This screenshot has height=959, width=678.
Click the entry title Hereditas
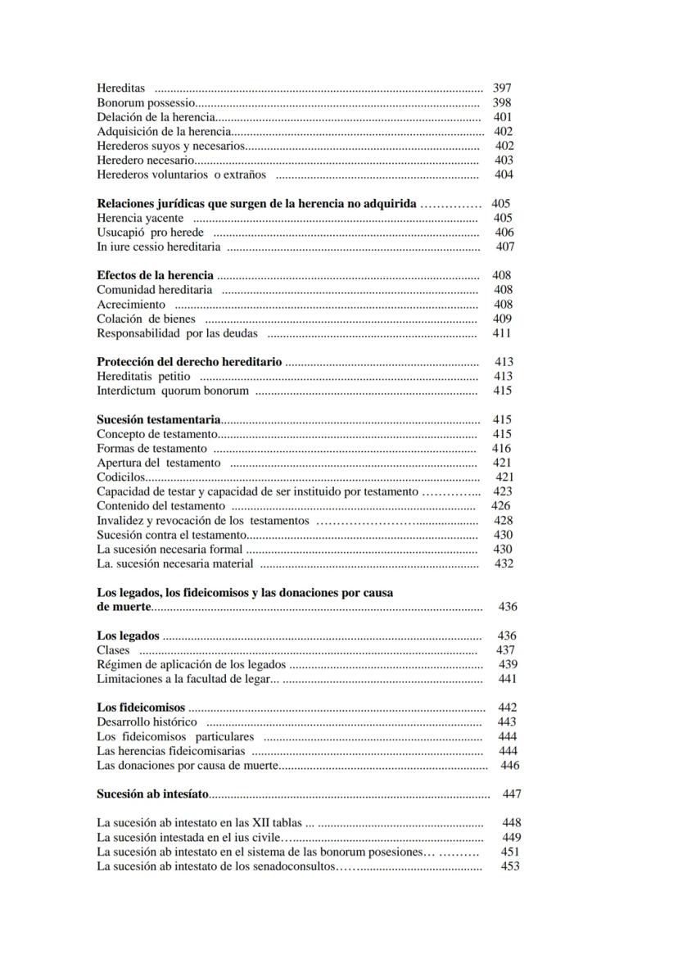coord(120,88)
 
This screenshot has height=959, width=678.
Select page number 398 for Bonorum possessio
coord(501,102)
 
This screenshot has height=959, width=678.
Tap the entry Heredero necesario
coord(146,161)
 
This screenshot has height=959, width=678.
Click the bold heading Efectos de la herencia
coord(155,275)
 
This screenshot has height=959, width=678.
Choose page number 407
coord(505,247)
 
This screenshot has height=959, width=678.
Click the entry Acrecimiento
coord(131,305)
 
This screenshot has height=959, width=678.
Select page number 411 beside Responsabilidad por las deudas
coord(501,333)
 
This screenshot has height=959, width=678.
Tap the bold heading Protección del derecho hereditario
coord(189,361)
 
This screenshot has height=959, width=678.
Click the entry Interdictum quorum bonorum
coord(173,391)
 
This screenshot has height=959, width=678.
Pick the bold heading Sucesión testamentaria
coord(159,419)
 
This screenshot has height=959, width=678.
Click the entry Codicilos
coord(121,477)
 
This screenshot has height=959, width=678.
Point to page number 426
coord(500,506)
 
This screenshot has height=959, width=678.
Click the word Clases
coord(113,650)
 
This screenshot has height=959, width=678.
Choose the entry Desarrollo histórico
coord(147,722)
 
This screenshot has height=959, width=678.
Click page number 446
coord(509,766)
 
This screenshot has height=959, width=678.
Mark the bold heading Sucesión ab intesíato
coord(152,794)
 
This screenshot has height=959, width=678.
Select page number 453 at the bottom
coord(509,866)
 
